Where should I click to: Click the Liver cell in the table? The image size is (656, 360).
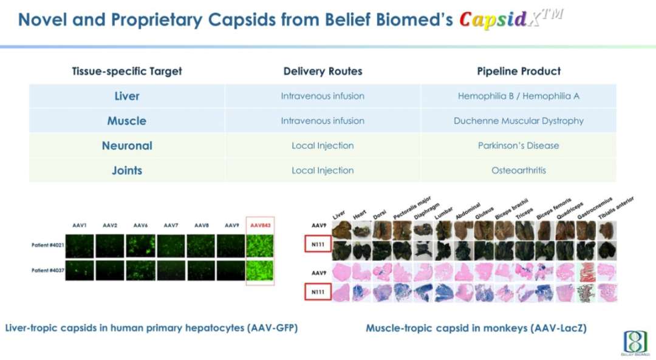127,96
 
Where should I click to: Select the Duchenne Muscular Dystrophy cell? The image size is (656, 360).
518,121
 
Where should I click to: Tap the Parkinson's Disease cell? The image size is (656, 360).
518,146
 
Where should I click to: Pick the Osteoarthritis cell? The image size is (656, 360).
518,171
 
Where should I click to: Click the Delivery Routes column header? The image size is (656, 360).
323,71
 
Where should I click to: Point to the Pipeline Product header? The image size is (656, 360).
518,71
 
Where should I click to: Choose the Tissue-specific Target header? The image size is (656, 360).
127,71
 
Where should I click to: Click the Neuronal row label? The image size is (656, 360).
127,146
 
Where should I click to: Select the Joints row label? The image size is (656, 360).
127,171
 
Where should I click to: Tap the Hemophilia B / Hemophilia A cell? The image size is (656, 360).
518,96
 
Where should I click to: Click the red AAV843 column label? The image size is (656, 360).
259,225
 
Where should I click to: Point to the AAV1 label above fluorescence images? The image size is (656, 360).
80,225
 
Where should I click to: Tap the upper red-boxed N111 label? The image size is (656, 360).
318,246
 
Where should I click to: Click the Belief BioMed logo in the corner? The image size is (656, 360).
635,343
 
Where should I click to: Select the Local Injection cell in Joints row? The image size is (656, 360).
323,171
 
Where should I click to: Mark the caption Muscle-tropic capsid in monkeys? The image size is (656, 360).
476,328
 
